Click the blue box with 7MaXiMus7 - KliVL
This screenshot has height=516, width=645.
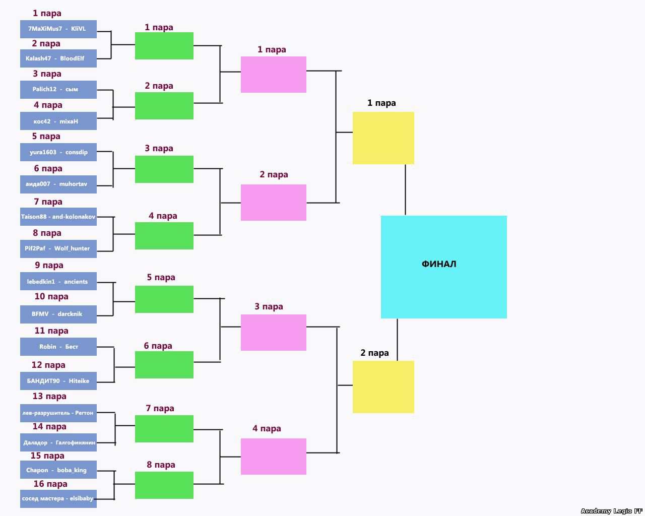[x=58, y=29]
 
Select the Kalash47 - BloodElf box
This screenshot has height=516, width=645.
[x=58, y=58]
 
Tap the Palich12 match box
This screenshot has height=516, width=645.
[x=58, y=89]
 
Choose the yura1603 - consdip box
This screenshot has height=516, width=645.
[x=58, y=152]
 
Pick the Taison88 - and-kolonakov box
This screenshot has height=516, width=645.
[x=58, y=217]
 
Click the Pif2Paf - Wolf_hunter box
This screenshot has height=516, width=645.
[x=58, y=248]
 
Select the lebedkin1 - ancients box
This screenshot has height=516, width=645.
[x=58, y=281]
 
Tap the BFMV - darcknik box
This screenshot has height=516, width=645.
[x=58, y=314]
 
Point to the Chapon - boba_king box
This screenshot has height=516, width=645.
[x=58, y=470]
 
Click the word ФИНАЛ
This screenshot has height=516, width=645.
[x=439, y=264]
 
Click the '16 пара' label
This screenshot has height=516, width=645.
[x=50, y=484]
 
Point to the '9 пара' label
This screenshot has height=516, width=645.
[x=49, y=265]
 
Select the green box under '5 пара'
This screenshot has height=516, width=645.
[x=164, y=299]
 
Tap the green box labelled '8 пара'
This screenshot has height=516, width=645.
[x=164, y=485]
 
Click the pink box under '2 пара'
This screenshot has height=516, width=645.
[x=273, y=203]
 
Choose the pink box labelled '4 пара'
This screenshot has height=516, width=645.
[x=273, y=457]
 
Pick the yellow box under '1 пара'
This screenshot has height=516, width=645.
[x=383, y=138]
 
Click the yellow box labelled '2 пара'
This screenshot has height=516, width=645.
[x=383, y=387]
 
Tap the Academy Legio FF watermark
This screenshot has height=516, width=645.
[x=612, y=511]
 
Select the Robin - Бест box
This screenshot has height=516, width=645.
[x=58, y=347]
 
